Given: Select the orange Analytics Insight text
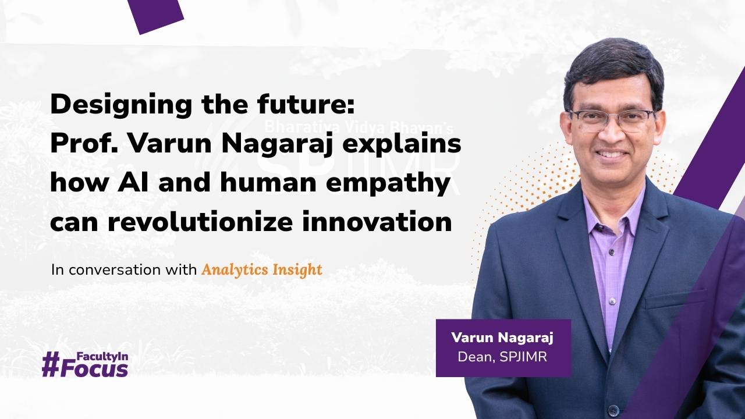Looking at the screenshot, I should pos(261,270).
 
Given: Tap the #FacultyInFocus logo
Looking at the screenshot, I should pos(85,364).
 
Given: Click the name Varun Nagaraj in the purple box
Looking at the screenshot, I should pos(502,338).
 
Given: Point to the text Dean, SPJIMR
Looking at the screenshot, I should pos(502,357).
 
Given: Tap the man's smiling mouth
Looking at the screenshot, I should pos(612,155).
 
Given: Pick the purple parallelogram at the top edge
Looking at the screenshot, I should pos(155,14).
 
